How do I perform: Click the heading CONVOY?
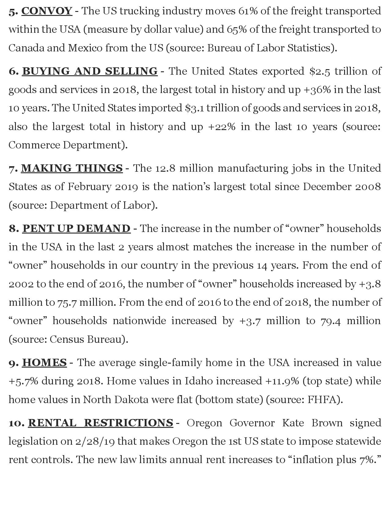pyautogui.click(x=47, y=11)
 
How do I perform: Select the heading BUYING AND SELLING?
pyautogui.click(x=90, y=71)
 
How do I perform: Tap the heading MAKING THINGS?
pyautogui.click(x=72, y=168)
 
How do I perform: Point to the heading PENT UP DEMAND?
pyautogui.click(x=76, y=229)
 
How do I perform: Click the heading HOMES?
pyautogui.click(x=44, y=363)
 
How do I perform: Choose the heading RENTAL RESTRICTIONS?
pyautogui.click(x=101, y=423)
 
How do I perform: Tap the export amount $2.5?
pyautogui.click(x=320, y=71)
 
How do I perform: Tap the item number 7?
pyautogui.click(x=13, y=168)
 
